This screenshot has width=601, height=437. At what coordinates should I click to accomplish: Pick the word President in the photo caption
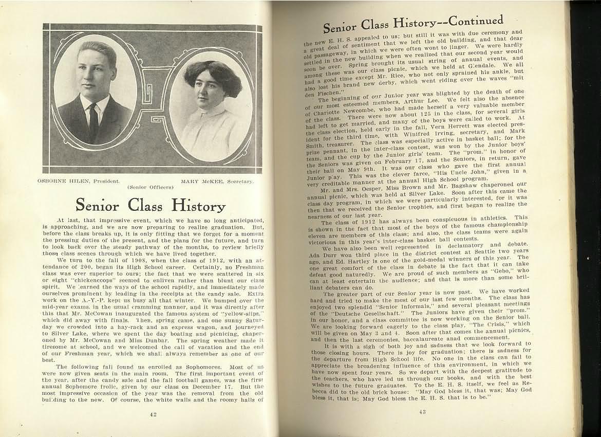tap(105, 180)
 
